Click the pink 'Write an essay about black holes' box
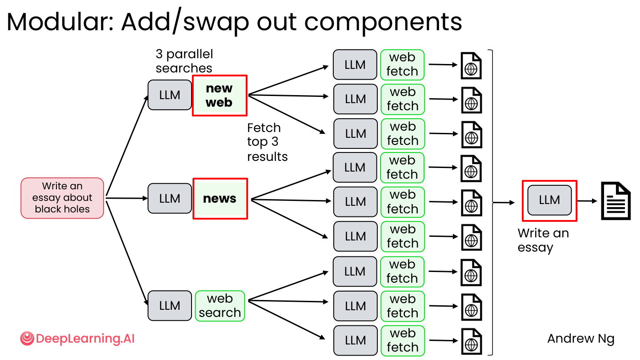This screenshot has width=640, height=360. [62, 198]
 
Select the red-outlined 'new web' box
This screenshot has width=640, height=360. [220, 96]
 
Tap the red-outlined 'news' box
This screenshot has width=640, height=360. [220, 199]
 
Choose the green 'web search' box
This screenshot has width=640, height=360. [220, 306]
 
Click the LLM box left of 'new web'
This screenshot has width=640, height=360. [170, 95]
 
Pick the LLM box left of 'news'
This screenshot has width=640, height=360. [170, 198]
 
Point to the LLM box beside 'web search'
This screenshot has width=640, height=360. [170, 306]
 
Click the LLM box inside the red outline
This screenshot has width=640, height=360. [549, 200]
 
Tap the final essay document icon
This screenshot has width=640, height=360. [616, 201]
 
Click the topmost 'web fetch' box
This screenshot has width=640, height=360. [402, 64]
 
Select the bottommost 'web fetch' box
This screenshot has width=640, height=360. [403, 340]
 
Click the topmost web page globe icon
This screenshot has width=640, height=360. [471, 66]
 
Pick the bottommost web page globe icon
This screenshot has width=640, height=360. [472, 342]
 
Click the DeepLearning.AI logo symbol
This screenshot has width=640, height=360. [27, 339]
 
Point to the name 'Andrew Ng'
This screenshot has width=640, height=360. [581, 339]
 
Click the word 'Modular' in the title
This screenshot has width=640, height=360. [60, 22]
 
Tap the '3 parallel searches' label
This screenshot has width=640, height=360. [184, 61]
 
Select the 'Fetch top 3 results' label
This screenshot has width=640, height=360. [268, 142]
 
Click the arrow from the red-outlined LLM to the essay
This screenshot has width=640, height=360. [587, 201]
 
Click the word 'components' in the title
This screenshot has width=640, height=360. [383, 23]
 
